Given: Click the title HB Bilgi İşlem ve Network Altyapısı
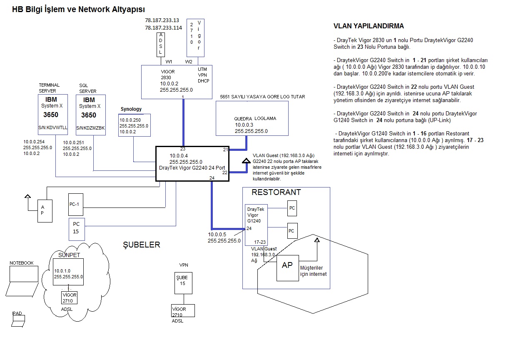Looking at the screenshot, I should pyautogui.click(x=79, y=9).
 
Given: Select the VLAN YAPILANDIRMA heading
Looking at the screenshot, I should pyautogui.click(x=369, y=26).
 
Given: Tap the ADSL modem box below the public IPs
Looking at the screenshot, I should pyautogui.click(x=160, y=44).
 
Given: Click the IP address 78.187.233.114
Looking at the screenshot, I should pyautogui.click(x=163, y=27).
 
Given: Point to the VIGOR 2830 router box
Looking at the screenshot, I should pyautogui.click(x=177, y=82).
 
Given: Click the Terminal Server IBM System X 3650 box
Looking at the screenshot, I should pyautogui.click(x=55, y=115).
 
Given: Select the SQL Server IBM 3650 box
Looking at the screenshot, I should pyautogui.click(x=90, y=115).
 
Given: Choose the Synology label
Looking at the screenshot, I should pyautogui.click(x=131, y=109).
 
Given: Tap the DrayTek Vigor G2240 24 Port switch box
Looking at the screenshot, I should pyautogui.click(x=193, y=163).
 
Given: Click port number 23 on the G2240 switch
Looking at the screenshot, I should pyautogui.click(x=182, y=149).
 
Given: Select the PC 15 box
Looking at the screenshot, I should pyautogui.click(x=76, y=228).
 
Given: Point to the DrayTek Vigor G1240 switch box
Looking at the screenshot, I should pyautogui.click(x=256, y=225).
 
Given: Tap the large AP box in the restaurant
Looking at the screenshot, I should pyautogui.click(x=287, y=267).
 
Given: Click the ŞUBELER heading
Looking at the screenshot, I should pyautogui.click(x=141, y=245).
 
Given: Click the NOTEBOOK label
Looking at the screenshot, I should pyautogui.click(x=22, y=263).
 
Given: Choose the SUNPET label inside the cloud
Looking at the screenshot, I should pyautogui.click(x=69, y=255).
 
